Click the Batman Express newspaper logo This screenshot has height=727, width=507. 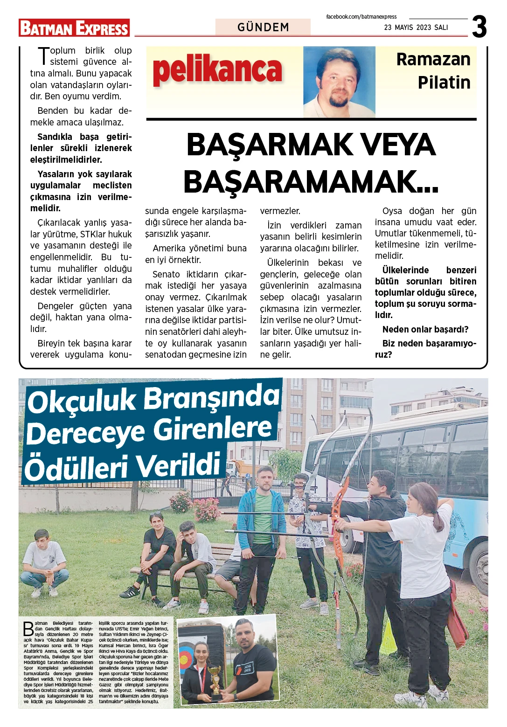click(74, 28)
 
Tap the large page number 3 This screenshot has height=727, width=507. click(479, 27)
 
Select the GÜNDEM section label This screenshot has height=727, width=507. click(263, 27)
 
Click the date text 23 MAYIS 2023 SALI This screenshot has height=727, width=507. click(416, 28)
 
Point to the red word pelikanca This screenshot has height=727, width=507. click(217, 70)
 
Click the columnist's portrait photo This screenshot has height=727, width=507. click(339, 82)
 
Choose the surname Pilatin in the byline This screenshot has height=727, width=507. click(444, 83)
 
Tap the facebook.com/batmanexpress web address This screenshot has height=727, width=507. click(361, 17)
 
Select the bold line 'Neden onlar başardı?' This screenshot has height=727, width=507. click(425, 330)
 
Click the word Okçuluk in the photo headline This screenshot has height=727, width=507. click(82, 402)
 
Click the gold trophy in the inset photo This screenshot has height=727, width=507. click(215, 681)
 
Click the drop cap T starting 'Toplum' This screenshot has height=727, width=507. click(43, 56)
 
